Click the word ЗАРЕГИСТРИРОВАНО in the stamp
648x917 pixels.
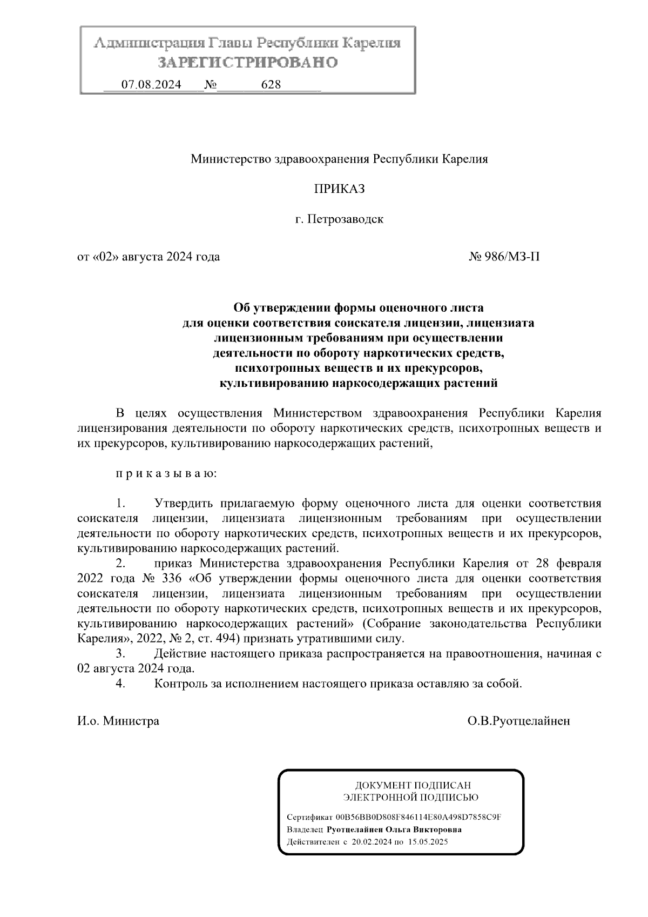coord(247,63)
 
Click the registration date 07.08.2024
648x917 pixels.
coord(151,85)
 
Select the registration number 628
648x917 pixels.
coord(271,85)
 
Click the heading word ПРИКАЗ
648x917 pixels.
coord(339,189)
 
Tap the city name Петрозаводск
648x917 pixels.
coord(346,220)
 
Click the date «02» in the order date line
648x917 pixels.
coord(106,257)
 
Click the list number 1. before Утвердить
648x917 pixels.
coord(121,504)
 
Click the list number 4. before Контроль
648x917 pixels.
coord(121,684)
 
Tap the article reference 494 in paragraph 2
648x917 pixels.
coord(225,639)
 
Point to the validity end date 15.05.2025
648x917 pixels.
coord(428,842)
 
